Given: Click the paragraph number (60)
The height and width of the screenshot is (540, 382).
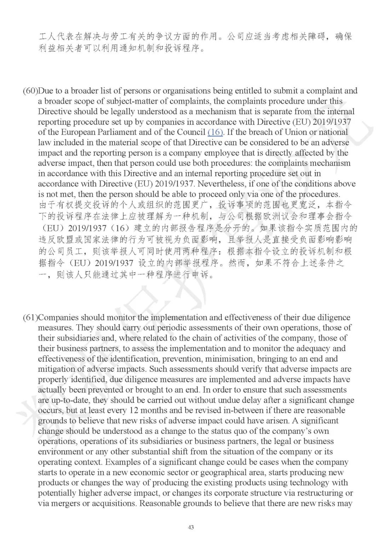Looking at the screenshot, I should [30, 91].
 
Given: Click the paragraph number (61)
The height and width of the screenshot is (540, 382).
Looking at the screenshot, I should [30, 318].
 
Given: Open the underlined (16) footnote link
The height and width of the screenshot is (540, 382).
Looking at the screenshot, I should [215, 132].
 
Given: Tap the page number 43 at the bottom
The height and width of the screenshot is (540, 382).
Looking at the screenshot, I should [191, 527].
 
